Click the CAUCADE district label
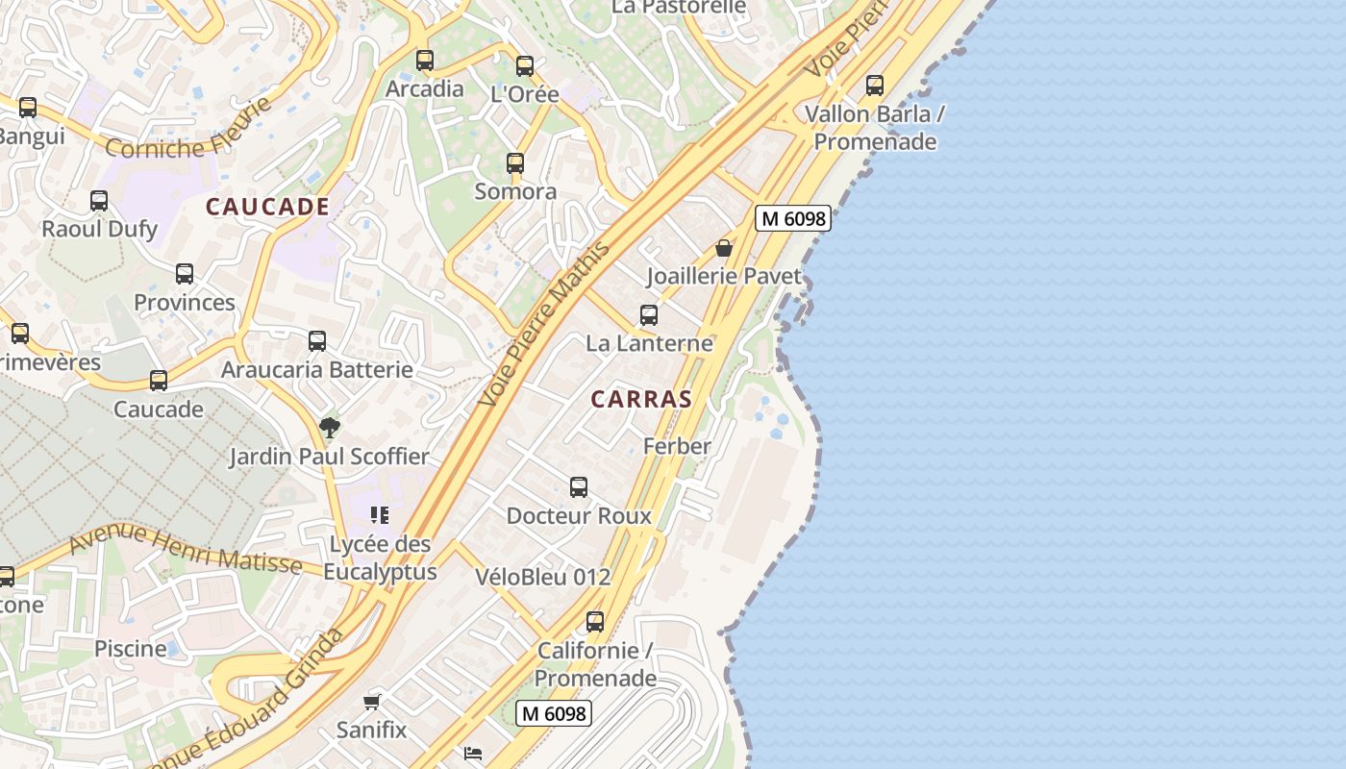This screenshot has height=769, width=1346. (267, 207)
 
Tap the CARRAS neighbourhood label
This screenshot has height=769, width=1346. (641, 399)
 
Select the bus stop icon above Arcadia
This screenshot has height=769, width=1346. (425, 61)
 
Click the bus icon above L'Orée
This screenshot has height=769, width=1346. (525, 66)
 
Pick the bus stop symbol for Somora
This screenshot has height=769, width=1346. (515, 163)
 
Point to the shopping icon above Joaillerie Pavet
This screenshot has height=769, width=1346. (724, 248)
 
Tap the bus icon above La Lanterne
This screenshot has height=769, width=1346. (649, 315)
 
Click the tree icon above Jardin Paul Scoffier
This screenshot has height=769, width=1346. (330, 428)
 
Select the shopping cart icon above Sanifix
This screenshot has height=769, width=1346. (372, 702)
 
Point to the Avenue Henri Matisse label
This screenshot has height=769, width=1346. (186, 548)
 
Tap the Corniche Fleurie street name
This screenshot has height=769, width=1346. (184, 133)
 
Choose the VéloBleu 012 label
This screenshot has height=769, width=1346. (543, 577)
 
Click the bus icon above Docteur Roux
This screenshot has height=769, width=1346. (579, 487)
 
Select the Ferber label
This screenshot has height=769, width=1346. (677, 446)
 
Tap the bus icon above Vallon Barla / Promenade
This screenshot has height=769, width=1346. (875, 86)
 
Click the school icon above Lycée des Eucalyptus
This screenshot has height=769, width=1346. (380, 515)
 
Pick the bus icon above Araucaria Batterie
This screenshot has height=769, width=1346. (317, 341)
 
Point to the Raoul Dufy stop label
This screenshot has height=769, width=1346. (99, 230)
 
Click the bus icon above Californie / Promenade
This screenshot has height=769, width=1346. (595, 622)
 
